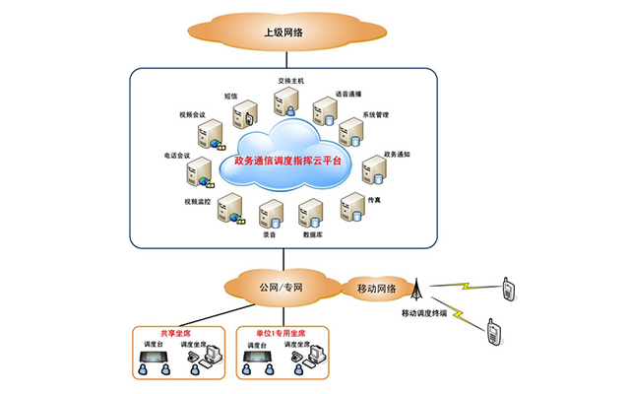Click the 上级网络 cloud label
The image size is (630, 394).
[x=283, y=33]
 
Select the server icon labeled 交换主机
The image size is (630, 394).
[x=286, y=101]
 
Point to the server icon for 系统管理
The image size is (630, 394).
[x=349, y=131]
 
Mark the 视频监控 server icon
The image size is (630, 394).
[x=229, y=208]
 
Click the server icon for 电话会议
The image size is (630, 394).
[x=198, y=172]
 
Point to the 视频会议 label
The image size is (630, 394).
[x=193, y=114]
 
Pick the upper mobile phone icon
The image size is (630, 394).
[x=509, y=289]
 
